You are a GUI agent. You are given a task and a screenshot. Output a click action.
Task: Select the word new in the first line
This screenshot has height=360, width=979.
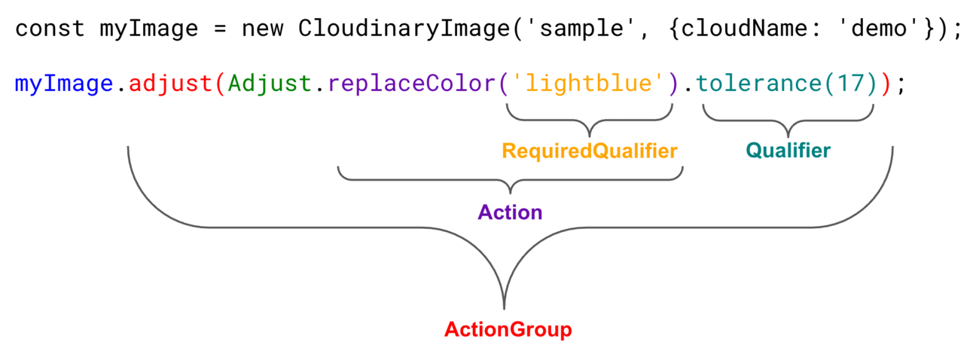[262, 30]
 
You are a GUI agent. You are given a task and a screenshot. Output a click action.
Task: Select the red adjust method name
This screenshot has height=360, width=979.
[169, 84]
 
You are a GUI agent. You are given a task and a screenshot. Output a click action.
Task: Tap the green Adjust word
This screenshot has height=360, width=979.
[269, 84]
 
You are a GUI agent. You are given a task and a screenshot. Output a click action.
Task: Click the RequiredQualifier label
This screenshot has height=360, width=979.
[590, 151]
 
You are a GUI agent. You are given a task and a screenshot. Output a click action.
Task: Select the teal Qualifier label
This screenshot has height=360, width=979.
[788, 151]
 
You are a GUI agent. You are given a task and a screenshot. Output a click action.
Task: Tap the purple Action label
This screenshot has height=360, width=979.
[510, 212]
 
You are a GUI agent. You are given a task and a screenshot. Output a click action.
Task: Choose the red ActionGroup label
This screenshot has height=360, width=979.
[508, 330]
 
